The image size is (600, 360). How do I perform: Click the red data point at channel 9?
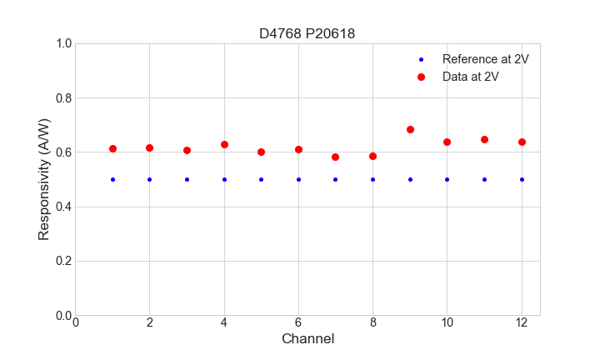(410, 129)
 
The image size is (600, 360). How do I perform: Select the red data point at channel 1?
(112, 148)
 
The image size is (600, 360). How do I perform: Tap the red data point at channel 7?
(335, 157)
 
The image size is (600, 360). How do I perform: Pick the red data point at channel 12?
(522, 142)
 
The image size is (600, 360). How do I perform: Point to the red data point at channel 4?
(224, 144)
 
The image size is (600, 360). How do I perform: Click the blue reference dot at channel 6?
(298, 179)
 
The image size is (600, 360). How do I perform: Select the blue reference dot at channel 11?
(484, 179)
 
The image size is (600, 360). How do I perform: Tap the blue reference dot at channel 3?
(187, 179)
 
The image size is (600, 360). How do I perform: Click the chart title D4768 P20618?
(307, 33)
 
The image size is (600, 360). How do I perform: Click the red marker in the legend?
(421, 77)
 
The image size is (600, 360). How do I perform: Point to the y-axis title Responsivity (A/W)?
(44, 179)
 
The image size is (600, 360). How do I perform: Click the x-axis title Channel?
(307, 339)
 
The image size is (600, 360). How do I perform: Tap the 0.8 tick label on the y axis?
(62, 98)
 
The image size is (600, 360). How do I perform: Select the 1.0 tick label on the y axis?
(62, 43)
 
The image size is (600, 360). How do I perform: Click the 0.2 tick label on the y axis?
(62, 262)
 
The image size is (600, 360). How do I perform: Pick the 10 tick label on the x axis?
(447, 322)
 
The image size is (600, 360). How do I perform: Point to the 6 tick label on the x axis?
(298, 322)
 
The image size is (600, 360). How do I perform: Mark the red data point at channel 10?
(447, 142)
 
